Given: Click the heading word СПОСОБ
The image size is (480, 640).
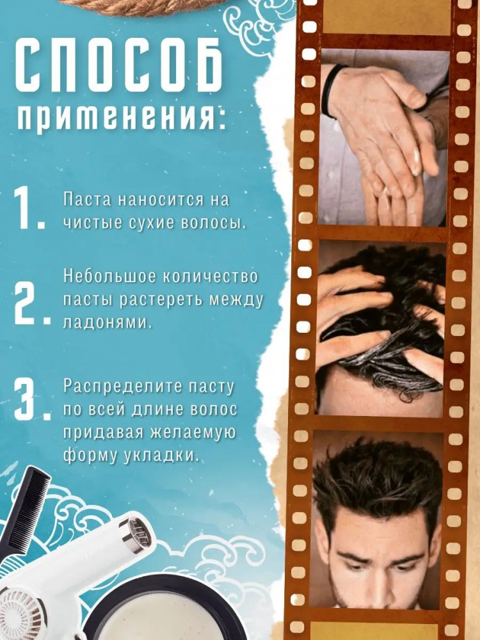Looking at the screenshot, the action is pyautogui.click(x=119, y=67).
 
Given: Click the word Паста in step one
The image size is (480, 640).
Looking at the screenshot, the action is pyautogui.click(x=87, y=200).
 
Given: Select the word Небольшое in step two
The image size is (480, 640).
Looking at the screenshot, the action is pyautogui.click(x=109, y=276).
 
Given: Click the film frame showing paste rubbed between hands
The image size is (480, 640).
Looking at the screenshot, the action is pyautogui.click(x=383, y=138).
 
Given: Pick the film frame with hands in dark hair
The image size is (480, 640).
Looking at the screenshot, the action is pyautogui.click(x=381, y=328).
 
